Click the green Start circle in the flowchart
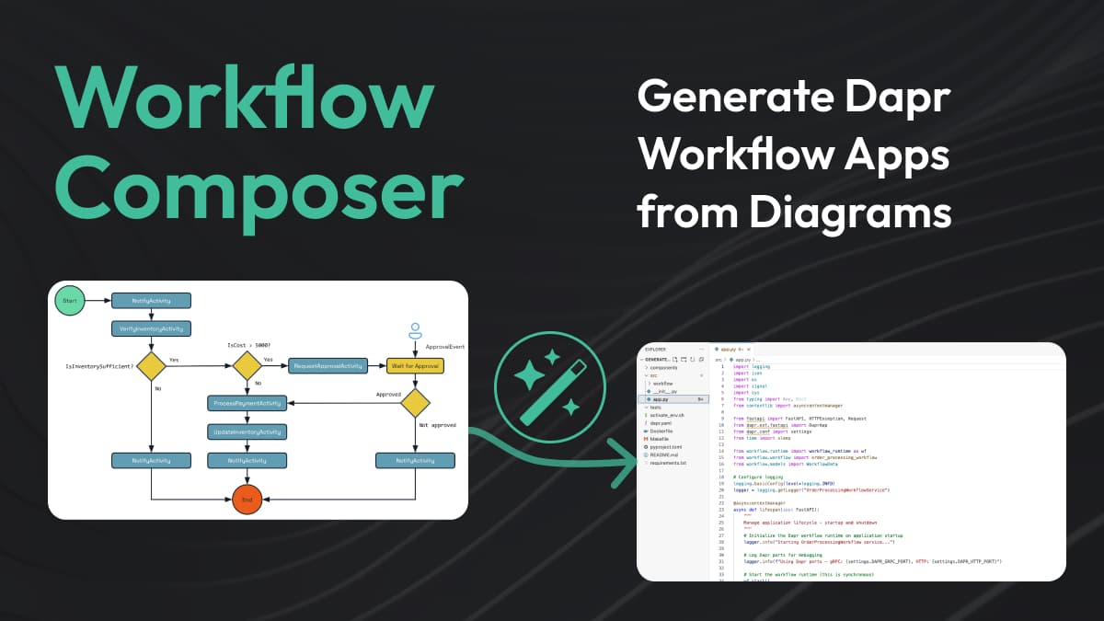[x=70, y=301]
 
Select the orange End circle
[x=247, y=500]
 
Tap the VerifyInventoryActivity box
[x=151, y=328]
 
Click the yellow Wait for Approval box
[x=415, y=365]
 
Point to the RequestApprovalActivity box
[x=328, y=365]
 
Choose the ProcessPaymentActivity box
[x=247, y=403]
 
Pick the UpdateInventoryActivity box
[x=247, y=431]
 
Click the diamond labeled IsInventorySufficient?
[x=151, y=365]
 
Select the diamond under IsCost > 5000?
[x=247, y=365]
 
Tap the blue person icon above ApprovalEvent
[x=415, y=328]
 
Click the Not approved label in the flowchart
[x=437, y=425]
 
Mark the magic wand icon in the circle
[x=549, y=387]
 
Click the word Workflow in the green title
[x=244, y=103]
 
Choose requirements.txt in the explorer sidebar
[x=669, y=463]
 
